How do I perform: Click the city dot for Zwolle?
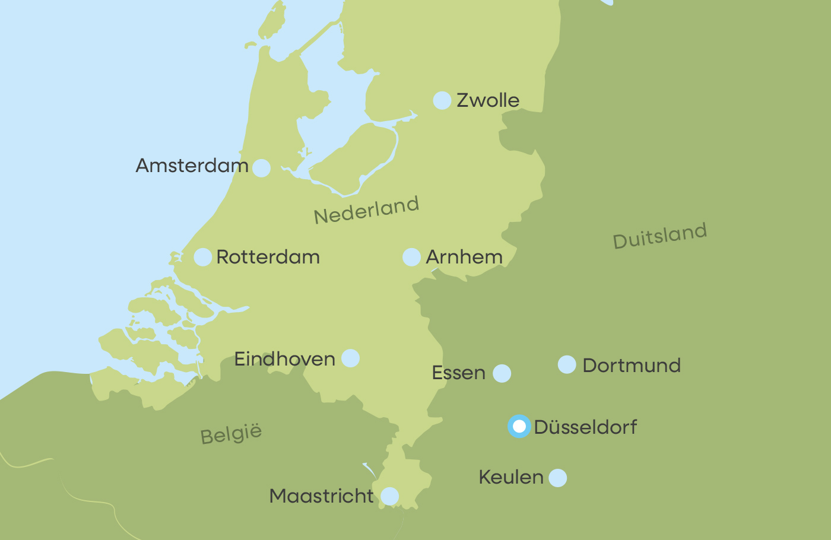(442, 101)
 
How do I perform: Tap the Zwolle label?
(488, 100)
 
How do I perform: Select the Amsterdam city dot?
(261, 168)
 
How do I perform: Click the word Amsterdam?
(192, 166)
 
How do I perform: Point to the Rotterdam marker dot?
(203, 257)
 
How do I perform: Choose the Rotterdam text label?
(268, 257)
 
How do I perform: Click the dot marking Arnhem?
(411, 257)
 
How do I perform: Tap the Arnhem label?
(464, 257)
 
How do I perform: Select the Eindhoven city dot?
(350, 358)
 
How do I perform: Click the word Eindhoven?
(285, 359)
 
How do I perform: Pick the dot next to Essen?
(502, 373)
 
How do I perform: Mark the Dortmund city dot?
(567, 365)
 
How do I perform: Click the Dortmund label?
(632, 366)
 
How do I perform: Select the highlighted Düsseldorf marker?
(519, 427)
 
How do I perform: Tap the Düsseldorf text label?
(585, 427)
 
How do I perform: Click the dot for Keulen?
(557, 478)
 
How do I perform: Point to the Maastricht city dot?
(389, 496)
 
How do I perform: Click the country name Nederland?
(366, 210)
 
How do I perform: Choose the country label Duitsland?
(659, 236)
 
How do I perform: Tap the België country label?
(231, 434)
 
